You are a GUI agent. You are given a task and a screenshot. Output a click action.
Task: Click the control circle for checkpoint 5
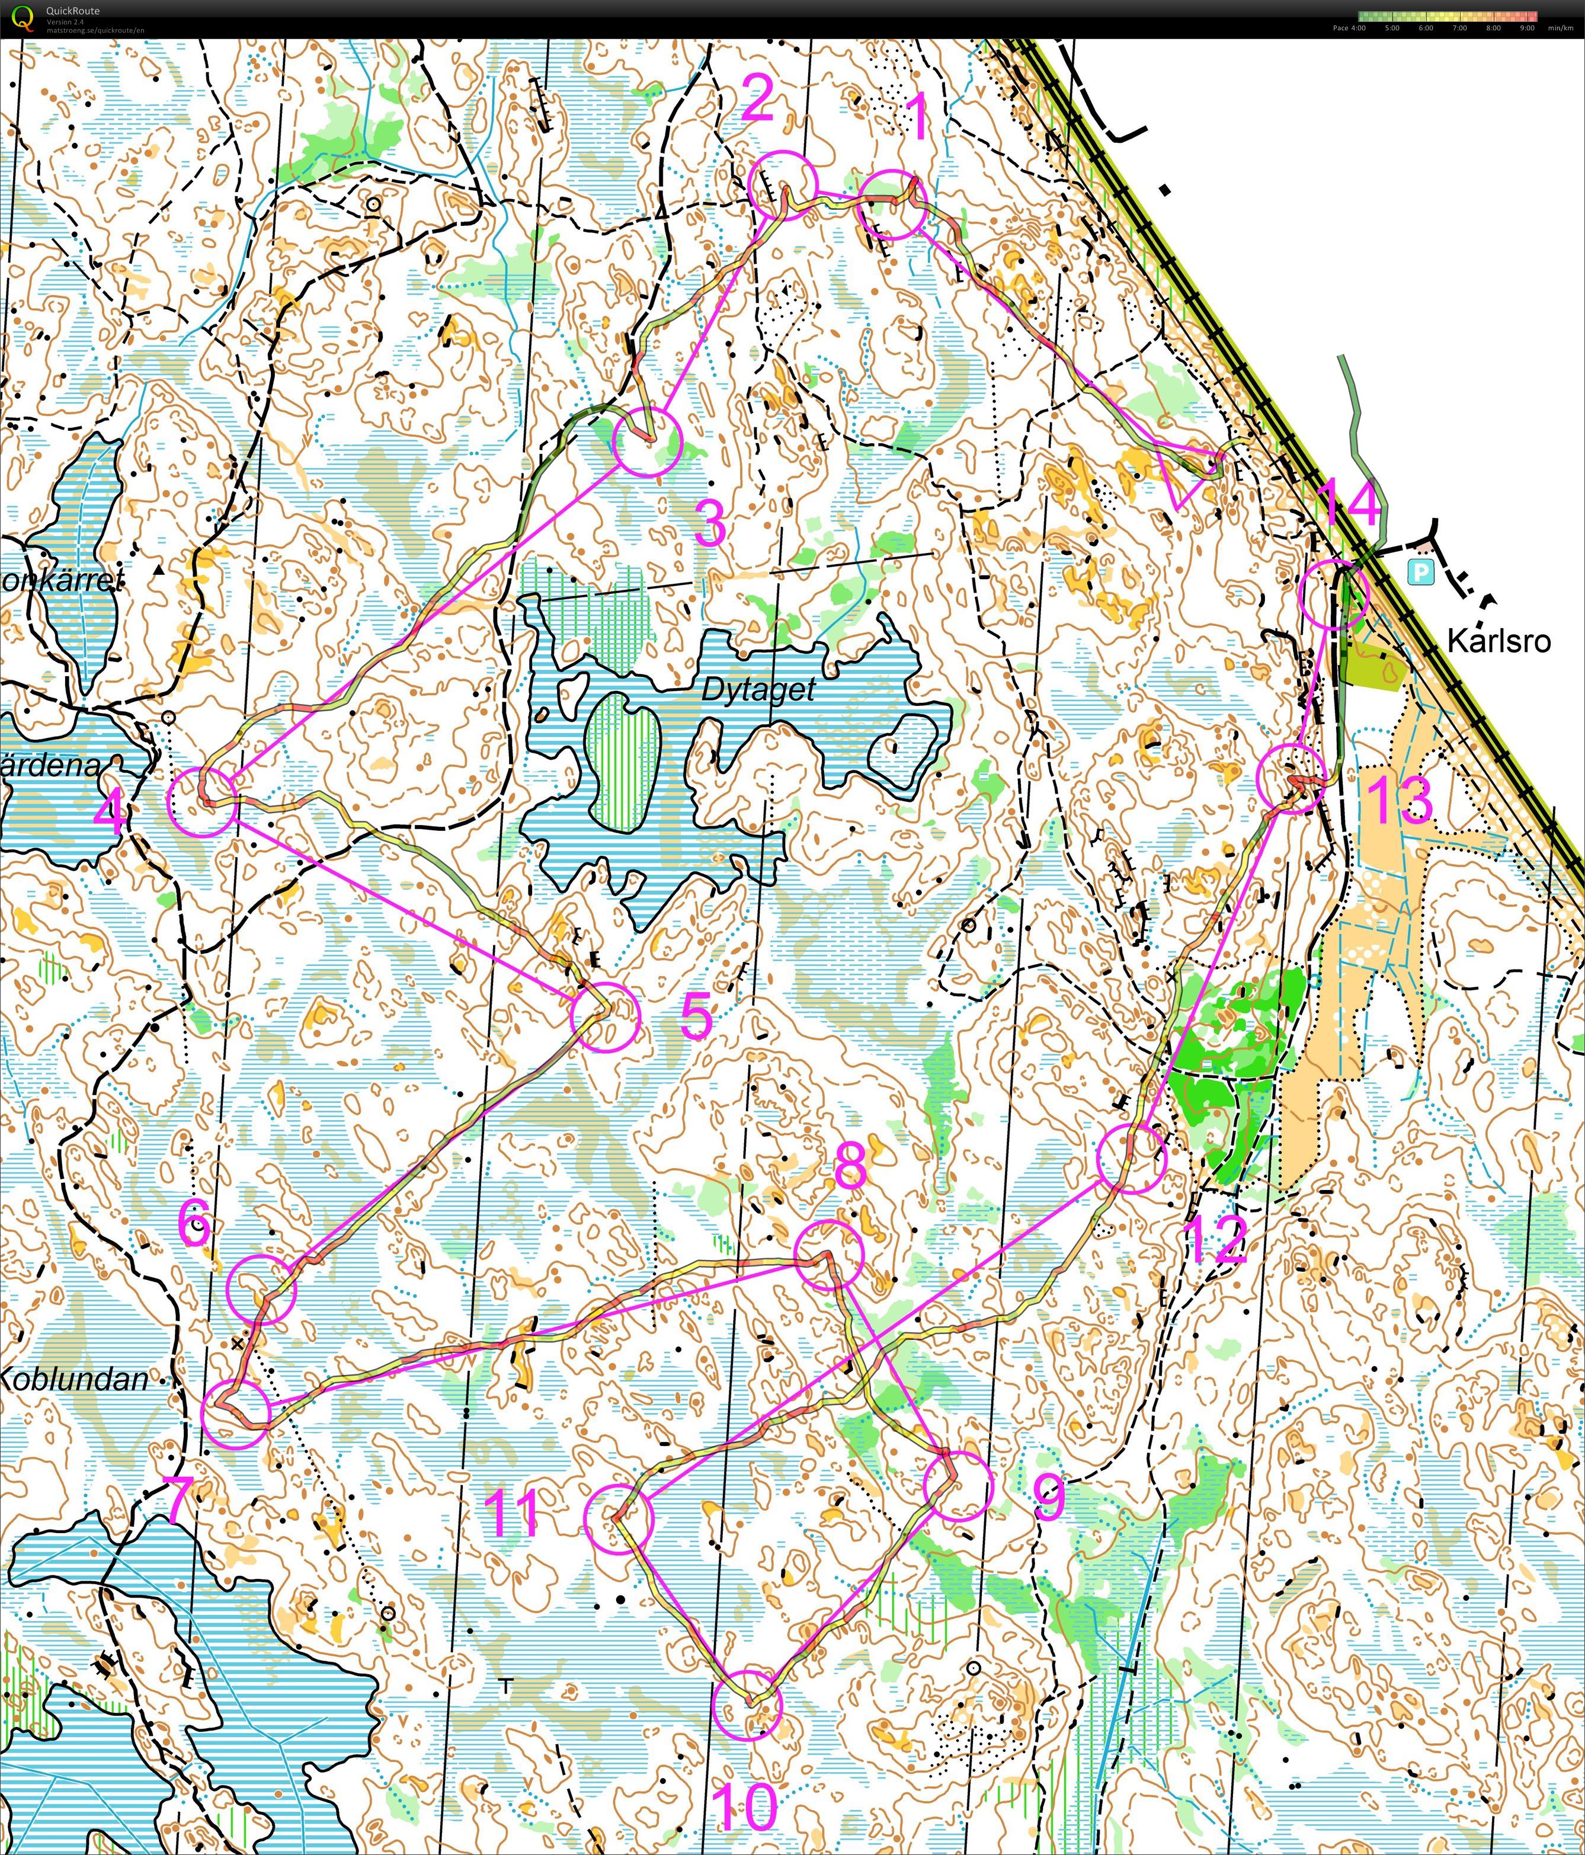tap(606, 1015)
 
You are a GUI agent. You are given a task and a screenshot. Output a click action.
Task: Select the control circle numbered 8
tap(830, 1254)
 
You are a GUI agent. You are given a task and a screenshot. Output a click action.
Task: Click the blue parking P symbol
tap(1420, 572)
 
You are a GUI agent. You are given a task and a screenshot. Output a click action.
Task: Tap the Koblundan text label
tap(73, 1379)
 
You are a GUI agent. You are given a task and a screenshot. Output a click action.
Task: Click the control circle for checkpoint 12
tap(1131, 1159)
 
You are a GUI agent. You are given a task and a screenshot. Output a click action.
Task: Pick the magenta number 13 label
tap(1400, 799)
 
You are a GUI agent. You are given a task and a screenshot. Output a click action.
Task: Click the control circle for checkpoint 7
tap(235, 1413)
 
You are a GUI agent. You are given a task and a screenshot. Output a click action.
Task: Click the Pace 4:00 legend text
tap(1349, 28)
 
